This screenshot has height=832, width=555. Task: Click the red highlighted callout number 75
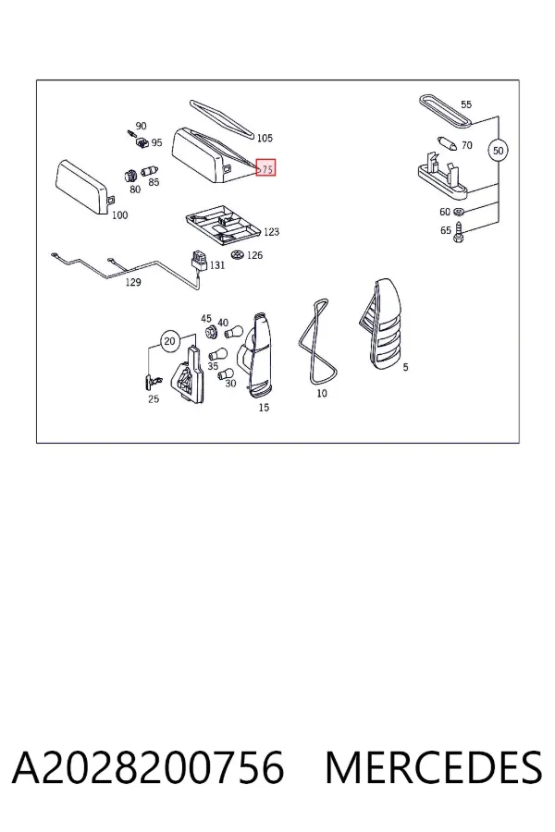pos(265,167)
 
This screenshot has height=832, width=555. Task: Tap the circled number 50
pos(498,151)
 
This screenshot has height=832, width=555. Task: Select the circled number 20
pos(169,340)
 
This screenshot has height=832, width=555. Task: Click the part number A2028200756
pos(148,768)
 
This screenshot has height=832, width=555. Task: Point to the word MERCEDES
pos(434,768)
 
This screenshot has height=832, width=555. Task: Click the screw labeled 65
pos(460,233)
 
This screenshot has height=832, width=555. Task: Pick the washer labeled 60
pos(460,212)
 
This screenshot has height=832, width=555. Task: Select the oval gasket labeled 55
pos(446,111)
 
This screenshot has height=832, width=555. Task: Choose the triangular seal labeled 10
pos(317,342)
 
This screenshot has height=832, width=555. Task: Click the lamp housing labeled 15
pos(257,353)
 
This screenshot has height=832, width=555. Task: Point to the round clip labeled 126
pos(238,254)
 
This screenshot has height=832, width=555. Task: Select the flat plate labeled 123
pos(224,227)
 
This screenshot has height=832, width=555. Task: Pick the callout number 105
pos(265,138)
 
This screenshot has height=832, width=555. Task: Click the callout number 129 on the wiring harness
pos(133,282)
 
